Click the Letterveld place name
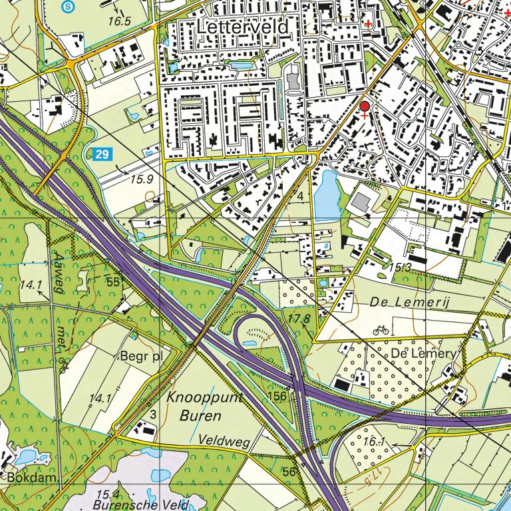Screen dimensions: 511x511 pyautogui.click(x=243, y=27)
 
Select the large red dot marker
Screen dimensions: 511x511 pyautogui.click(x=364, y=106)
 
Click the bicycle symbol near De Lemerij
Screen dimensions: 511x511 pyautogui.click(x=381, y=329)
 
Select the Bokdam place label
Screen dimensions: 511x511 pyautogui.click(x=29, y=478)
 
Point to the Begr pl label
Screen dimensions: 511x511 pyautogui.click(x=141, y=356)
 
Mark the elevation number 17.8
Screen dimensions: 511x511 pyautogui.click(x=299, y=319)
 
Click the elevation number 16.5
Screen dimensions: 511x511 pyautogui.click(x=119, y=21)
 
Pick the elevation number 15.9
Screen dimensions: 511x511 pyautogui.click(x=142, y=179)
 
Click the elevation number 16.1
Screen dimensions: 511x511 pyautogui.click(x=375, y=442)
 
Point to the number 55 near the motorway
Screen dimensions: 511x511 pyautogui.click(x=112, y=282)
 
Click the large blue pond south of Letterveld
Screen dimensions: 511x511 pyautogui.click(x=327, y=194)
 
